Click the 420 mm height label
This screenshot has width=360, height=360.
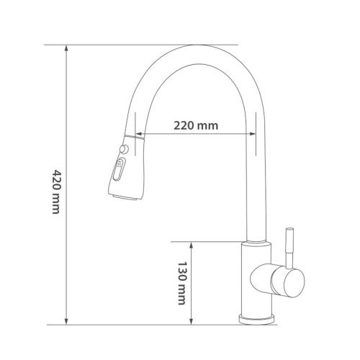click(x=56, y=190)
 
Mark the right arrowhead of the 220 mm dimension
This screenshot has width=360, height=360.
click(x=252, y=135)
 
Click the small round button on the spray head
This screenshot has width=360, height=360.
click(x=125, y=149)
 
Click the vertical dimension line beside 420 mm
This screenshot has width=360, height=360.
click(x=67, y=115)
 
